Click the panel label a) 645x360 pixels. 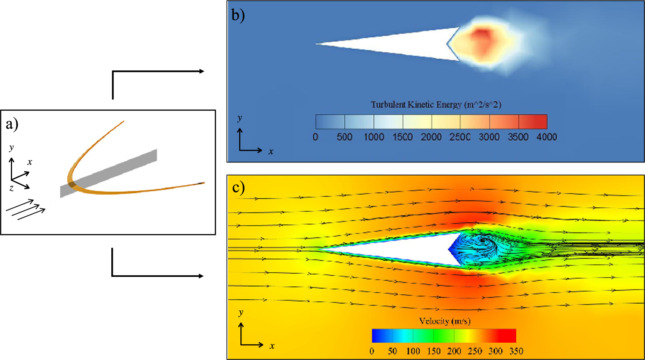12,124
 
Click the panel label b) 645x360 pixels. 238,15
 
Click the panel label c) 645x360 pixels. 238,187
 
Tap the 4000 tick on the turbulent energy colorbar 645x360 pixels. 546,137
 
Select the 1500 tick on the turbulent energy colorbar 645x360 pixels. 402,137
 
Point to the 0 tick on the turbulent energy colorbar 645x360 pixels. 315,137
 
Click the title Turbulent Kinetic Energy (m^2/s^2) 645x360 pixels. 436,105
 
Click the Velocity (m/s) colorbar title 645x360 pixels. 445,321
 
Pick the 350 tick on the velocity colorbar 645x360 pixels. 516,351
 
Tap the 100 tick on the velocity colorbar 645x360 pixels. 413,351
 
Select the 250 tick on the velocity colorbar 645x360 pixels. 475,351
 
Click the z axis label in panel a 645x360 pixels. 12,188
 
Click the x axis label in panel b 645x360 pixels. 271,152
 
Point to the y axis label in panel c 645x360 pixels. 241,312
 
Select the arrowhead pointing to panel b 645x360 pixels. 202,71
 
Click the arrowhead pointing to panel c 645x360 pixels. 201,276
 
